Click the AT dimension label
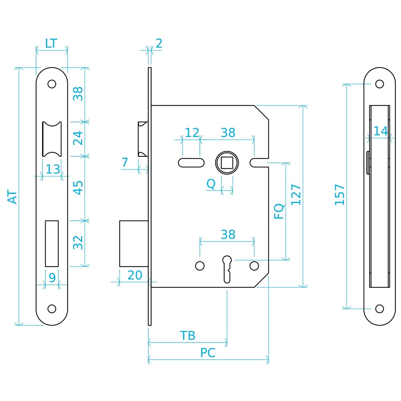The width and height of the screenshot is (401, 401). pyautogui.click(x=12, y=196)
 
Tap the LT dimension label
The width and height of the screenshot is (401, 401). pyautogui.click(x=51, y=43)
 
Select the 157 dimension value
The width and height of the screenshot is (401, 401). pyautogui.click(x=340, y=194)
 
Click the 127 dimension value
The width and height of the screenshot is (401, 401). pyautogui.click(x=296, y=194)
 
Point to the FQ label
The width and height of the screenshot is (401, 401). pyautogui.click(x=279, y=211)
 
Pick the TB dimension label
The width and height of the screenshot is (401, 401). pyautogui.click(x=187, y=336)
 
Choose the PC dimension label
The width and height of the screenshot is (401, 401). pyautogui.click(x=208, y=352)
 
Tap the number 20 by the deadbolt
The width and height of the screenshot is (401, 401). pyautogui.click(x=135, y=275)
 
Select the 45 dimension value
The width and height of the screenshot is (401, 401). pyautogui.click(x=78, y=188)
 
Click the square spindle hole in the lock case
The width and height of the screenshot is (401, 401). pyautogui.click(x=227, y=163)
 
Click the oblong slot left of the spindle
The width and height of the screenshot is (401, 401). pyautogui.click(x=191, y=163)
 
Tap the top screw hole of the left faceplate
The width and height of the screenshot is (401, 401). pyautogui.click(x=52, y=84)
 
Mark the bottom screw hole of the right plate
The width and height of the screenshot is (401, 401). pyautogui.click(x=379, y=309)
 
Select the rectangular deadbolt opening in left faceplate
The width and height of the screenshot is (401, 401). pyautogui.click(x=52, y=243)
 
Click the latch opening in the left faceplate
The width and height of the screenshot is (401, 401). pyautogui.click(x=52, y=139)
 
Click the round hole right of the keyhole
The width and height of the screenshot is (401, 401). pyautogui.click(x=254, y=266)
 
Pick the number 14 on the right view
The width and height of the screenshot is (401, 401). pyautogui.click(x=381, y=131)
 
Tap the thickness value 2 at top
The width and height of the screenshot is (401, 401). pyautogui.click(x=159, y=43)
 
